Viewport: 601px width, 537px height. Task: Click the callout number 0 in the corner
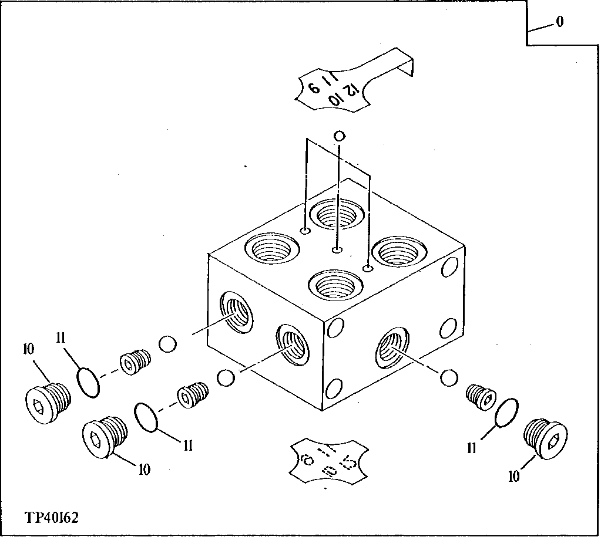click(x=559, y=22)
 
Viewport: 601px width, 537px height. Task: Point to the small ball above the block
click(x=338, y=136)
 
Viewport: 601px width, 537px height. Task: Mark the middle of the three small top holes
click(x=337, y=251)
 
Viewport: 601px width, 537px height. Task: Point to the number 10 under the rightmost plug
click(x=514, y=476)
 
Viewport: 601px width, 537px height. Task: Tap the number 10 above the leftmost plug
click(x=28, y=349)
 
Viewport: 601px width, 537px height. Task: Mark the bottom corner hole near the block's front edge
click(x=333, y=389)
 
